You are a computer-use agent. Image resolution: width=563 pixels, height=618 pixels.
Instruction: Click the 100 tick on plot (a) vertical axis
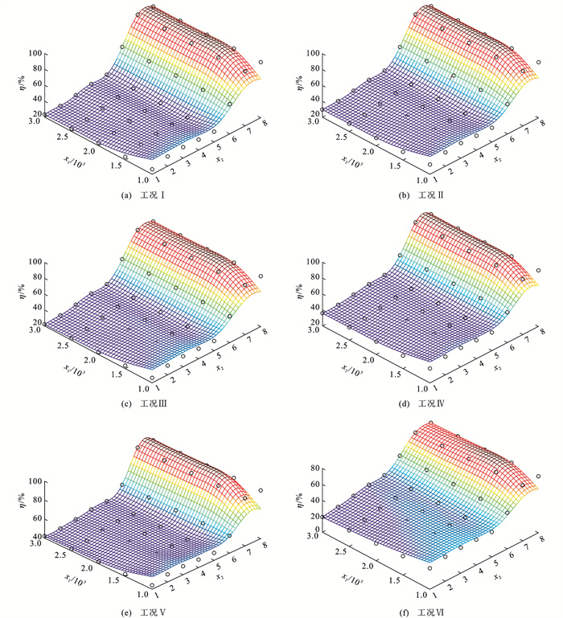33,55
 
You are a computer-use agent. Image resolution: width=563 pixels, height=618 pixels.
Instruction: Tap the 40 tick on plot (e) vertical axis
35,537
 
